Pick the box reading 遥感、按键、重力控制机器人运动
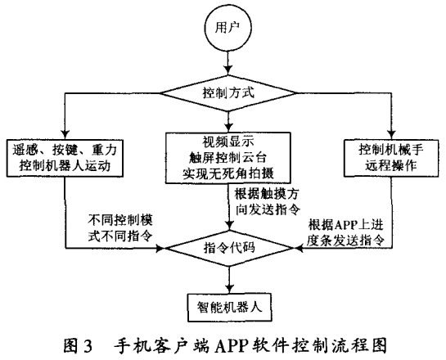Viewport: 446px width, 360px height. (x=65, y=155)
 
